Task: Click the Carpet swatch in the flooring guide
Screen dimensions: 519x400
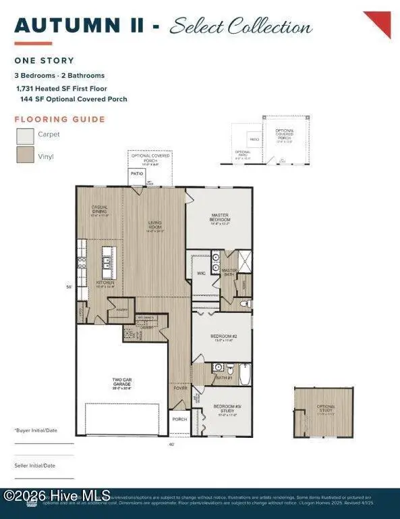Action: (25, 135)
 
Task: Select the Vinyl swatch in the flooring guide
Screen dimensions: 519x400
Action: (25, 155)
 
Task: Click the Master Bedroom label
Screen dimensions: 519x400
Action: (219, 218)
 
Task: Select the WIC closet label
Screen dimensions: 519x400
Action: (200, 273)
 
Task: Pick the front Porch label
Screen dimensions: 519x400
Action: (179, 418)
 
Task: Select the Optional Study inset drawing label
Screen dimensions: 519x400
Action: (326, 407)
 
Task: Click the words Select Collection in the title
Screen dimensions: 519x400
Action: (241, 27)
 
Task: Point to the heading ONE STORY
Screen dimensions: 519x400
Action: (44, 61)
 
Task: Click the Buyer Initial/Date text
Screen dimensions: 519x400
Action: (35, 430)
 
